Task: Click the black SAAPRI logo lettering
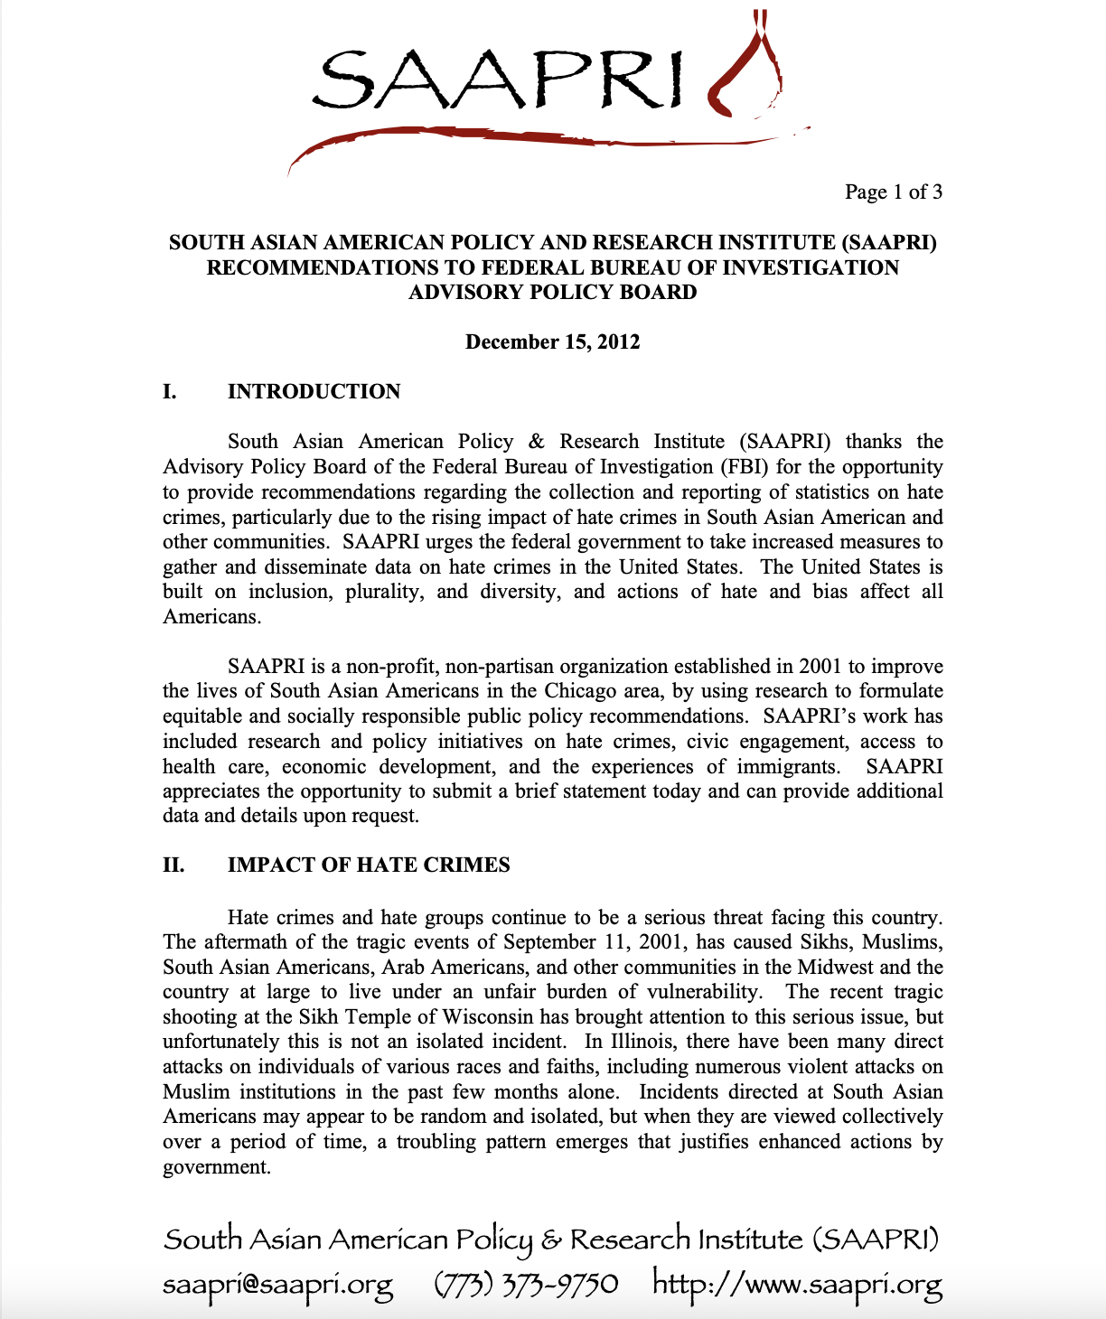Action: (497, 78)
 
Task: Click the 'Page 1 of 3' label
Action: (893, 192)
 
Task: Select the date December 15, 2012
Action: (552, 342)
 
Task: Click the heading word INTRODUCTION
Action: (314, 391)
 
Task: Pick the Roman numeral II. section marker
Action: (173, 865)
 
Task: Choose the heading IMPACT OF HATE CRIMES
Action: (369, 865)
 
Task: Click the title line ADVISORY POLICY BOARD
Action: (552, 292)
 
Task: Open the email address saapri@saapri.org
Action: (277, 1283)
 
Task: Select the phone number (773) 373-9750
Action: (526, 1283)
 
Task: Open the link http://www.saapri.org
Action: (797, 1283)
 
